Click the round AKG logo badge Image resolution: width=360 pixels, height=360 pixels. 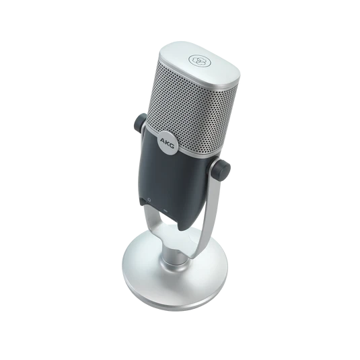[168, 143]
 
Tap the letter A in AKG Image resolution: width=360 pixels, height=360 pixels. [163, 140]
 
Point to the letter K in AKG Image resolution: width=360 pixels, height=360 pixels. [167, 143]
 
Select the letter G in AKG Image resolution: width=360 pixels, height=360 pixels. [172, 145]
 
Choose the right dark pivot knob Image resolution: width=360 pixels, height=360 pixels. [221, 170]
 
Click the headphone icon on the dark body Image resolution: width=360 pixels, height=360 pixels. [149, 200]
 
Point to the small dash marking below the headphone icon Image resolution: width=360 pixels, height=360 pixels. [166, 210]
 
